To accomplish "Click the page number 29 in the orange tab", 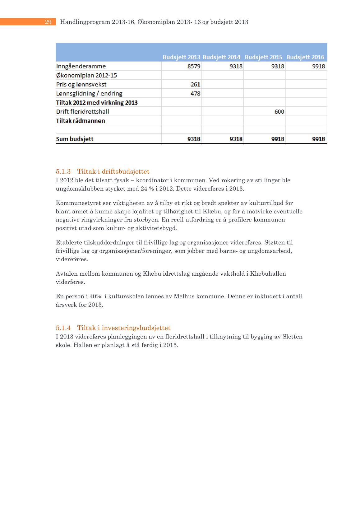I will [x=48, y=22].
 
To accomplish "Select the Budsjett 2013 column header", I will [x=181, y=57].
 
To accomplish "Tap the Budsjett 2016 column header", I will [x=305, y=57].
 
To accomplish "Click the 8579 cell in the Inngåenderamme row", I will [x=194, y=66].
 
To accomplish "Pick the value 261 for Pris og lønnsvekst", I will [x=195, y=84].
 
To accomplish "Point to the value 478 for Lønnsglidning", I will [x=195, y=93].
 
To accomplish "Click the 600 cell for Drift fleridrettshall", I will [x=279, y=112].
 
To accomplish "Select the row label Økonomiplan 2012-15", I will [x=86, y=75].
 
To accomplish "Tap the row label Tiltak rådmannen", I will [x=81, y=121].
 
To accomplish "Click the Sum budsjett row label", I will [x=75, y=139].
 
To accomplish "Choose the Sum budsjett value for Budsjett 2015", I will [x=278, y=139].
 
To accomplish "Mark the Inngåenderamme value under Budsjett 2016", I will [x=318, y=66].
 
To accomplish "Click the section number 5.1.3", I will [x=63, y=171].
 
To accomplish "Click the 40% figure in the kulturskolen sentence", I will [x=95, y=297].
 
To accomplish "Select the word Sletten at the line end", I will [x=292, y=337].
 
